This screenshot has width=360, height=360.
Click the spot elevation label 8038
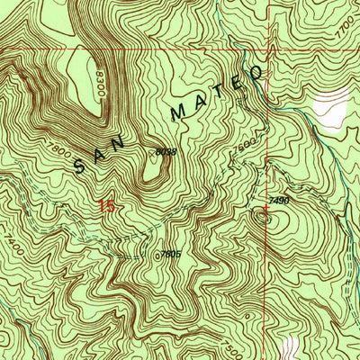pos(165,154)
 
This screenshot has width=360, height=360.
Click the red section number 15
pos(107,206)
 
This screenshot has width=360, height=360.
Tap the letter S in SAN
pos(82,164)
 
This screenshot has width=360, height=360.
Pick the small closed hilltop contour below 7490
pos(265,216)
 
